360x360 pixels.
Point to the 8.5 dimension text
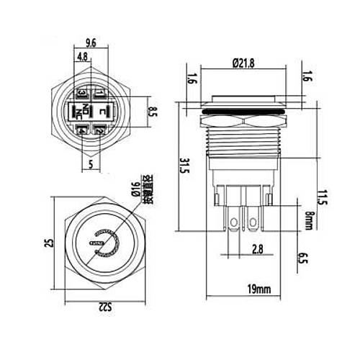pos(153,111)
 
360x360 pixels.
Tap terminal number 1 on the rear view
pos(99,92)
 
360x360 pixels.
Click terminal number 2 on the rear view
pos(99,131)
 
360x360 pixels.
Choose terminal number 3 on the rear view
pos(81,93)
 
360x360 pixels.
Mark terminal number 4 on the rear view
pos(81,131)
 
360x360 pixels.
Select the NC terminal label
pos(78,114)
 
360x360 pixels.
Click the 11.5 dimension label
pos(321,197)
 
